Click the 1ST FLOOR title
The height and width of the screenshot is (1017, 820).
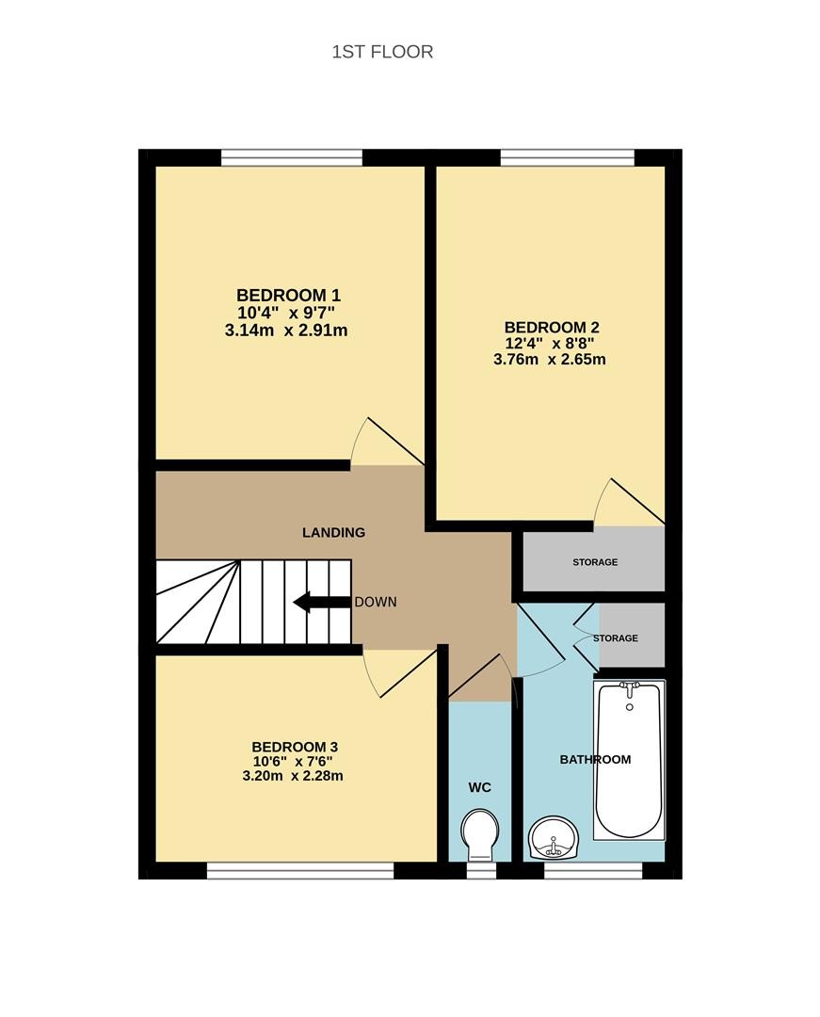click(x=382, y=52)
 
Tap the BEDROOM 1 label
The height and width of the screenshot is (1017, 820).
click(x=288, y=296)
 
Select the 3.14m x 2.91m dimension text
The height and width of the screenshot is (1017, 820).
click(x=286, y=331)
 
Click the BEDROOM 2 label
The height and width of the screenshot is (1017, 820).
click(x=552, y=328)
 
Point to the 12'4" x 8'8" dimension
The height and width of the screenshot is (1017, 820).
click(x=550, y=343)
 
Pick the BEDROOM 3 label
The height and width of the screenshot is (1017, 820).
click(x=295, y=747)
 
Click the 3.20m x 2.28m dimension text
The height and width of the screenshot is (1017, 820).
click(x=293, y=776)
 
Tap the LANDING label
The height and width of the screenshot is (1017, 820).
click(x=334, y=532)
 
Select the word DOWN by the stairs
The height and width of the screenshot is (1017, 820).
click(x=376, y=602)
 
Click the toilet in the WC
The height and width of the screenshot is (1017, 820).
click(x=480, y=834)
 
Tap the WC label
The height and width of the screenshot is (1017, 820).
click(x=480, y=787)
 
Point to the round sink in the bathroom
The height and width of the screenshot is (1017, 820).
click(x=553, y=838)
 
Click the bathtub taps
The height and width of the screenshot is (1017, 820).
click(x=630, y=687)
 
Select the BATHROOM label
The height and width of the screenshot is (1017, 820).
click(x=595, y=760)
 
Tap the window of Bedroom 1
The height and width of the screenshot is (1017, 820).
click(x=292, y=157)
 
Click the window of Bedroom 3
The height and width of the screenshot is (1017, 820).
click(x=300, y=870)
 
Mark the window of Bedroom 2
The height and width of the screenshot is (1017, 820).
click(x=567, y=157)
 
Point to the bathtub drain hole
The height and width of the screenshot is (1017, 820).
click(x=630, y=707)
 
